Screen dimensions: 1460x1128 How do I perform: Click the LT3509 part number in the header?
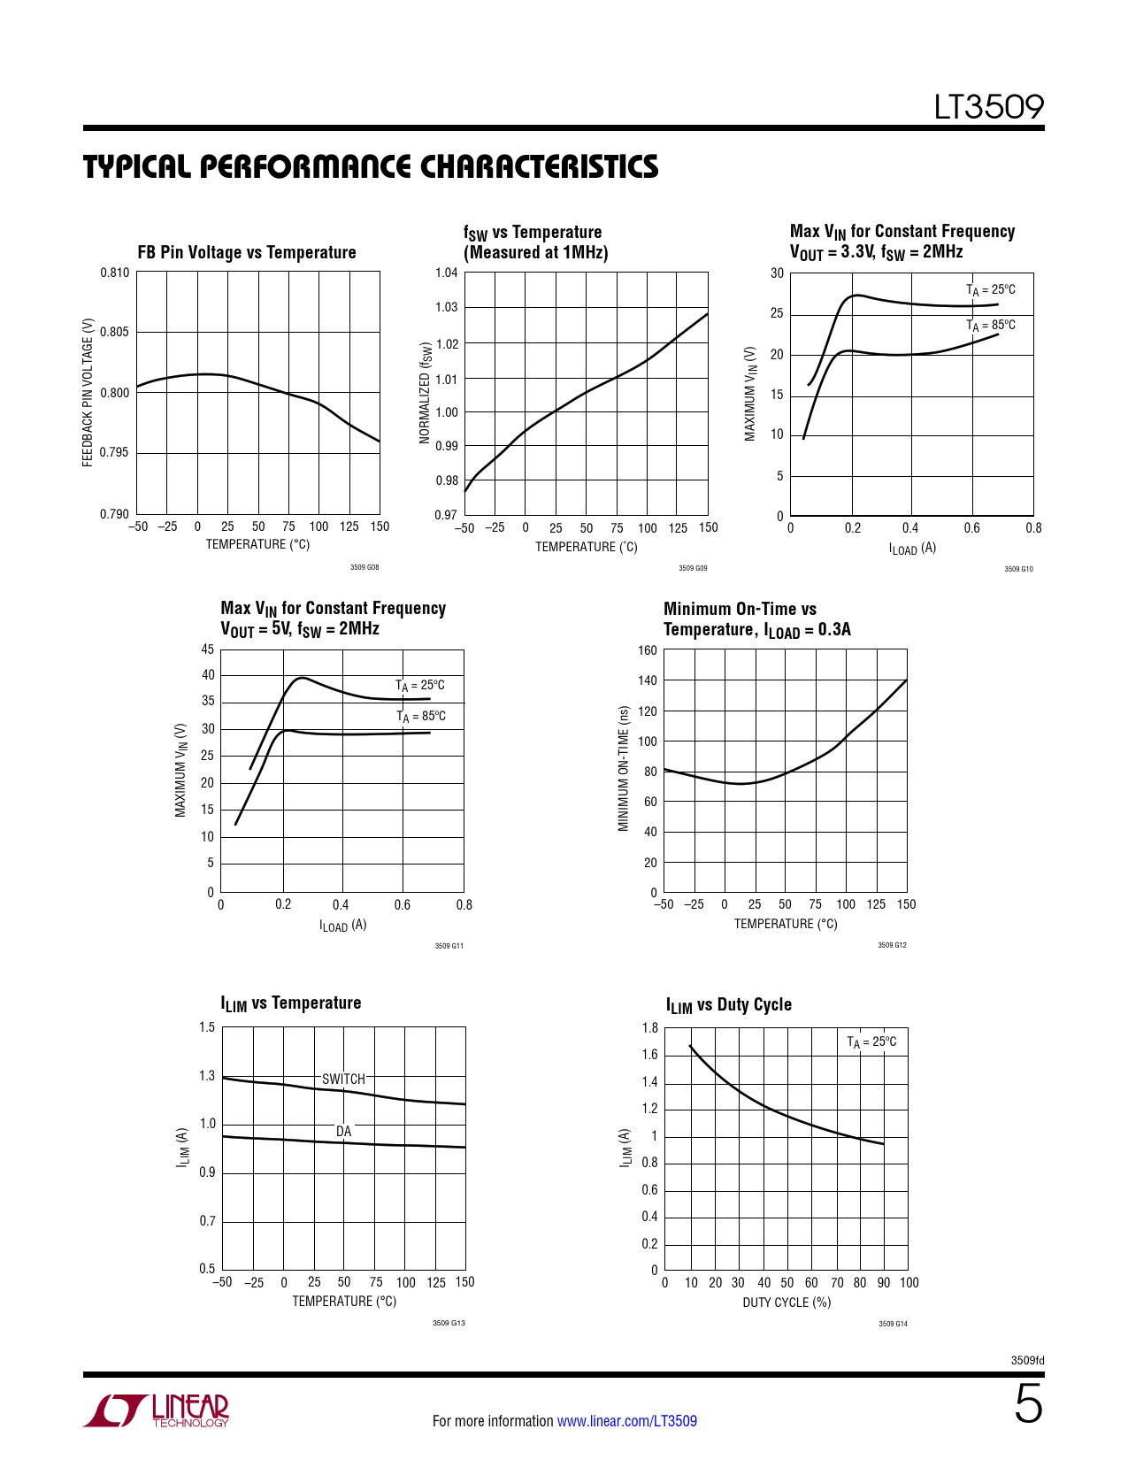click(x=989, y=107)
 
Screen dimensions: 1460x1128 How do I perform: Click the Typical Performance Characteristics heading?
click(x=371, y=166)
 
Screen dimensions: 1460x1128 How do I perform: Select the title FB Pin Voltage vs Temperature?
click(x=246, y=252)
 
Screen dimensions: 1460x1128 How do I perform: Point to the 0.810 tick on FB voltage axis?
click(x=114, y=273)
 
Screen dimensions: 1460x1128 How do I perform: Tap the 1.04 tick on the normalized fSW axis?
click(x=446, y=273)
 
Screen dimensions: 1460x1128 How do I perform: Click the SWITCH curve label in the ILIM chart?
click(x=343, y=1079)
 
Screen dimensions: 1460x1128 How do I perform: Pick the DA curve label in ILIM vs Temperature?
click(x=343, y=1131)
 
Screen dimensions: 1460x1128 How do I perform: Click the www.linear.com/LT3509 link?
click(x=626, y=1421)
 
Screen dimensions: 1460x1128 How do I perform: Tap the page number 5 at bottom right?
click(x=1027, y=1404)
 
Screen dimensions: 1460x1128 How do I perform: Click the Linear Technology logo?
click(x=157, y=1410)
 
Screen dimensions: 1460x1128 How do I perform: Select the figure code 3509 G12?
click(x=892, y=945)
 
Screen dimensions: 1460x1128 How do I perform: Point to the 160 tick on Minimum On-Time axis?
click(x=648, y=650)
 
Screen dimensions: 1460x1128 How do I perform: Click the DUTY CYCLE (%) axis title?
click(x=787, y=1302)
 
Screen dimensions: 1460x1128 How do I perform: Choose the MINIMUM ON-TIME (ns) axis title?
click(x=623, y=768)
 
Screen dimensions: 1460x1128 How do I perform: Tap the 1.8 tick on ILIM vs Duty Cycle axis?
click(x=649, y=1028)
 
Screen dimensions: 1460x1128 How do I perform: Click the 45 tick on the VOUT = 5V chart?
click(x=208, y=649)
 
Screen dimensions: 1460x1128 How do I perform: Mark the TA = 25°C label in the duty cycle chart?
click(x=871, y=1041)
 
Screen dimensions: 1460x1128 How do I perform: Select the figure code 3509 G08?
click(x=364, y=567)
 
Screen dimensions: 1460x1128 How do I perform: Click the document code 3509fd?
click(x=1027, y=1360)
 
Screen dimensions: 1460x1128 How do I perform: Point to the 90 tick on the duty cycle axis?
click(x=883, y=1282)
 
